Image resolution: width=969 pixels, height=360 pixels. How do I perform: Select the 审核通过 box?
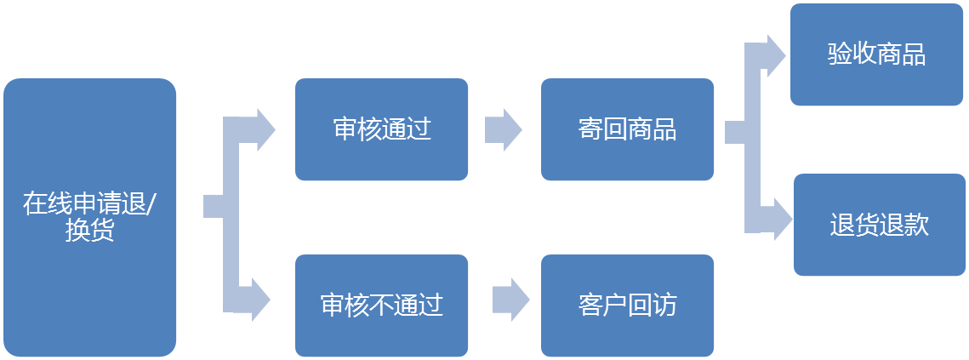(381, 129)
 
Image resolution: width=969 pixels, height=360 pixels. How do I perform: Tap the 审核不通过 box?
(381, 305)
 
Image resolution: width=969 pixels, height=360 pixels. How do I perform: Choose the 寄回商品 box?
(627, 129)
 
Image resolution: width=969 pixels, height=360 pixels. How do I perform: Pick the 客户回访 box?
(627, 305)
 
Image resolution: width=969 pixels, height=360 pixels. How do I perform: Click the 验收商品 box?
(877, 54)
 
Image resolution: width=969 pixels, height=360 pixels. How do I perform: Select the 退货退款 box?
(880, 225)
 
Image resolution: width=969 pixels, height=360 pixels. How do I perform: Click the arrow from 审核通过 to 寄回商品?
(504, 129)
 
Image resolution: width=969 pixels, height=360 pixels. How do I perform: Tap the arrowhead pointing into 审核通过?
(263, 129)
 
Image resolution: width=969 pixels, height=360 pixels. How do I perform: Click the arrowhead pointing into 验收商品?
(776, 55)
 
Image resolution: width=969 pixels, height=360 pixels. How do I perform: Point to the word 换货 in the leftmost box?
(89, 231)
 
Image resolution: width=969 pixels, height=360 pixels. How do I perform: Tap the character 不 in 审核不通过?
(381, 305)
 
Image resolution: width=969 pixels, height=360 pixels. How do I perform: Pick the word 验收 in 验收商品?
(852, 54)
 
